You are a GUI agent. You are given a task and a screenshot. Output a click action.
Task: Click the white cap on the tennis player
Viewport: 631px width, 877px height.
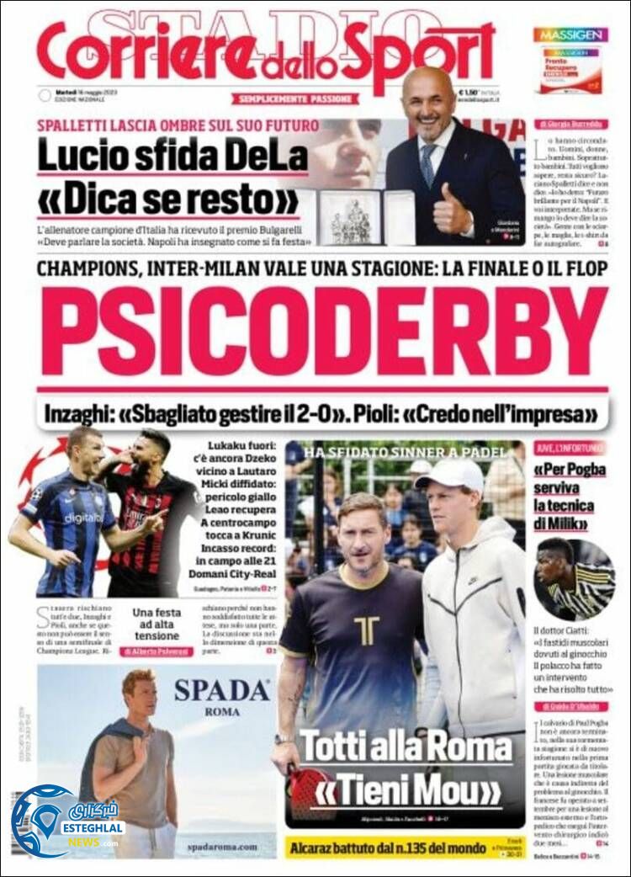(452, 475)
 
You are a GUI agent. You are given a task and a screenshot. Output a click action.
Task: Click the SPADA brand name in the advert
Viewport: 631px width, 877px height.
(221, 690)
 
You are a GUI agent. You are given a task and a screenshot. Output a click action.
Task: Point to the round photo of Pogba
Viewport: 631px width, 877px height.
(575, 578)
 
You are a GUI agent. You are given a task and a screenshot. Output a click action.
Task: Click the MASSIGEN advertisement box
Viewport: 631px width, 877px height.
(570, 61)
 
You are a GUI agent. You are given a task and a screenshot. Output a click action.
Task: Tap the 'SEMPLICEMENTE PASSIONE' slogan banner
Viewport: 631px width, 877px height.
(295, 99)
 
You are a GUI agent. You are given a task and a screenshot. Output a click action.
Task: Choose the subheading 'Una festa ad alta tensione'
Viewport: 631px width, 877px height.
(156, 625)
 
